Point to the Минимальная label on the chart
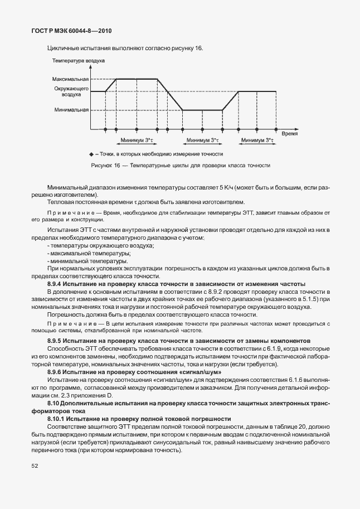(72, 110)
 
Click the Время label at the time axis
(289, 134)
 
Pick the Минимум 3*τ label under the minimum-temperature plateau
(202, 140)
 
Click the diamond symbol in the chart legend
(91, 154)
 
